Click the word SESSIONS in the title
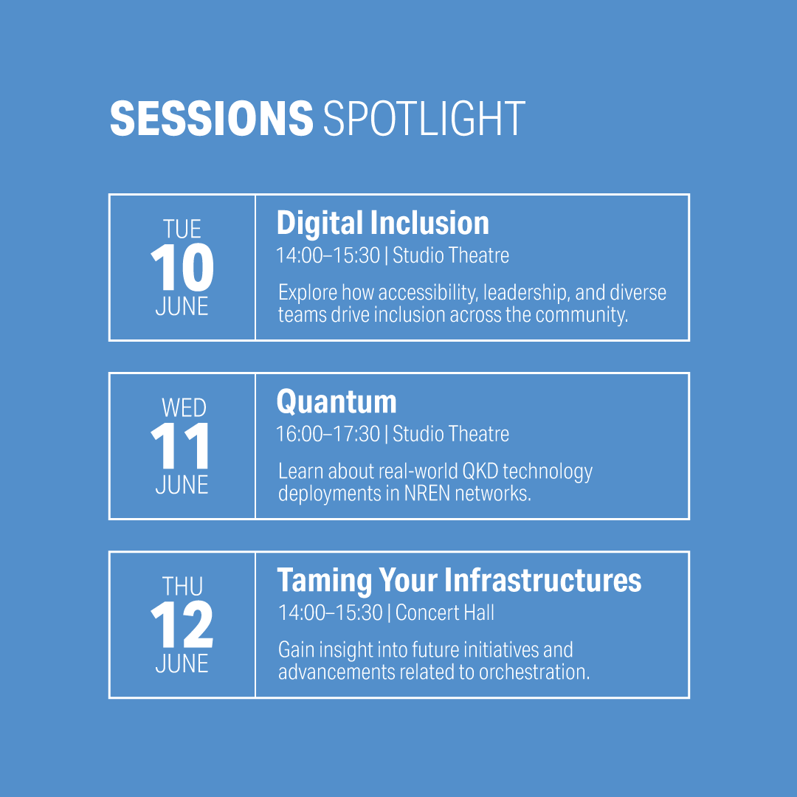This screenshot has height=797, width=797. point(212,118)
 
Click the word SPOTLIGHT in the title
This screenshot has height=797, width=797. point(424,118)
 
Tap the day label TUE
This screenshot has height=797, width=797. point(182,229)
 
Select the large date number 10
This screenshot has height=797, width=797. point(182,267)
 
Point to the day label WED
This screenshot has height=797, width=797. point(184,407)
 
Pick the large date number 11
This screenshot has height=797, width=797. point(180,445)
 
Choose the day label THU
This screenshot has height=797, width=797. point(182,586)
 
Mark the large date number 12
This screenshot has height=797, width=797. point(182,624)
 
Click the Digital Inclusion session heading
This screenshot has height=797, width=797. point(383,224)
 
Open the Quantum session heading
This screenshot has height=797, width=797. point(337,402)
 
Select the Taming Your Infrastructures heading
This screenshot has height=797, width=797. point(459,581)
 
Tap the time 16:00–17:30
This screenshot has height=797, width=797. point(328,434)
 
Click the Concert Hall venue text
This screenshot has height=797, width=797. point(445,613)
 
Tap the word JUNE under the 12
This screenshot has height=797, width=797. point(182,663)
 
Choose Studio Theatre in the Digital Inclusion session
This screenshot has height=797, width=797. point(451,255)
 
